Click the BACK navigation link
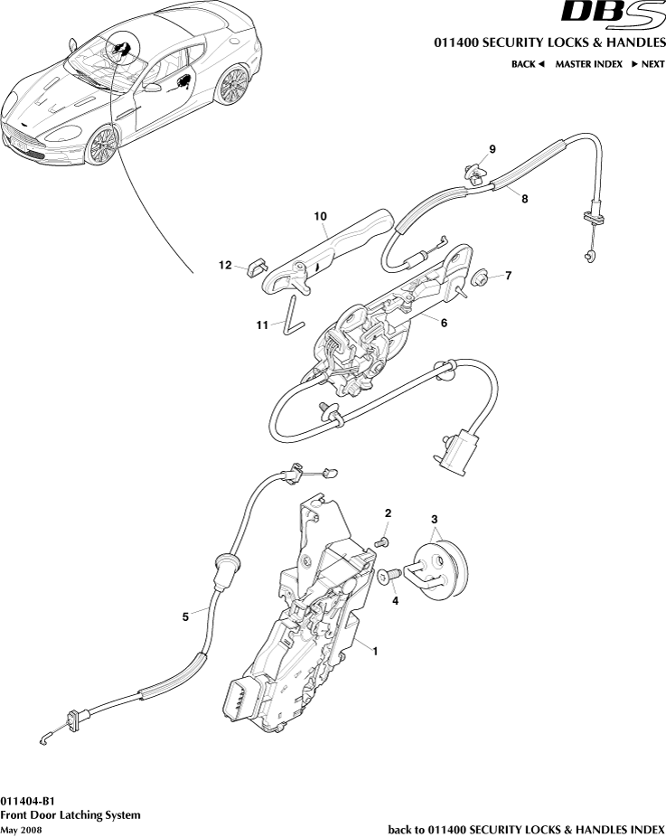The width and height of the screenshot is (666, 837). (528, 64)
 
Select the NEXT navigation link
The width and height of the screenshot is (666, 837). (648, 64)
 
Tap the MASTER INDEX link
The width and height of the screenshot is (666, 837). (588, 64)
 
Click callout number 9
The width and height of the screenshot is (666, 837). (492, 148)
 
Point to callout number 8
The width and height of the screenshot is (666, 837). (525, 201)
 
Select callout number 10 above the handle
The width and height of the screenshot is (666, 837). (320, 217)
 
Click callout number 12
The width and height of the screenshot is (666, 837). (225, 265)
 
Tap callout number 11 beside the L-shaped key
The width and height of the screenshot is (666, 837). (262, 325)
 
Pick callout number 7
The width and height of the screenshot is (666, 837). (508, 276)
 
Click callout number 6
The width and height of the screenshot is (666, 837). (444, 321)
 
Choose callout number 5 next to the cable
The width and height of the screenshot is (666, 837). (185, 616)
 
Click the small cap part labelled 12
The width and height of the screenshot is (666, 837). (253, 267)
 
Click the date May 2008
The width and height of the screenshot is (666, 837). (21, 829)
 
